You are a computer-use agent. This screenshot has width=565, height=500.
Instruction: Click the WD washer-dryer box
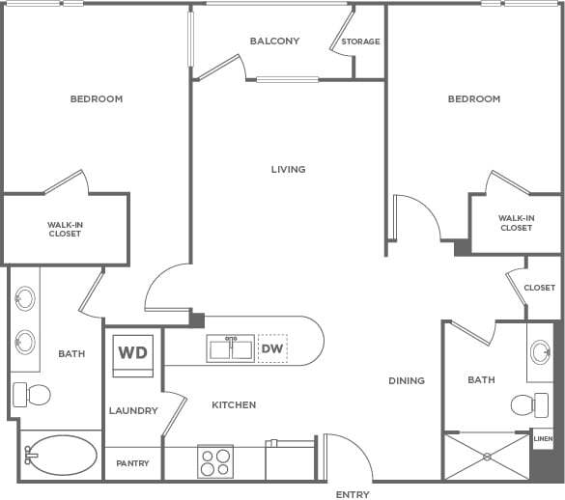[x=132, y=351]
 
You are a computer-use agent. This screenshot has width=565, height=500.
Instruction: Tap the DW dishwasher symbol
[x=272, y=348]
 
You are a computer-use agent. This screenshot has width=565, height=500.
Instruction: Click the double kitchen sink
[x=230, y=347]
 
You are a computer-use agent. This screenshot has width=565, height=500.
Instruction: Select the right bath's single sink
[x=541, y=350]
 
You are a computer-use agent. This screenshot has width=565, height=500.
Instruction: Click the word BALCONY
[x=274, y=42]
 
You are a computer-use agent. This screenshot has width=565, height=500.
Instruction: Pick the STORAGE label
[x=360, y=42]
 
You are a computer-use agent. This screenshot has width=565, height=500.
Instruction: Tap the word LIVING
[x=288, y=170]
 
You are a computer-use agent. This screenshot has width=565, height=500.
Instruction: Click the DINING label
[x=407, y=381]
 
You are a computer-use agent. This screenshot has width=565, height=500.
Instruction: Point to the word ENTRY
[x=353, y=494]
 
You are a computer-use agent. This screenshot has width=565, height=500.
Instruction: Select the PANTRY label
[x=132, y=463]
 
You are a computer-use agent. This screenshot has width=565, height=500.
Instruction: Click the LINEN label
[x=543, y=439]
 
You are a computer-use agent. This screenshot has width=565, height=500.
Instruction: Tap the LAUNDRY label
[x=133, y=411]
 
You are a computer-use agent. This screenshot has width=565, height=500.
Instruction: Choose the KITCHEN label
[x=234, y=405]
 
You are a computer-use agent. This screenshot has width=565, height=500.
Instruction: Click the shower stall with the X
[x=487, y=456]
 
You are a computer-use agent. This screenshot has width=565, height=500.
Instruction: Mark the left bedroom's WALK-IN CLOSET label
[x=65, y=229]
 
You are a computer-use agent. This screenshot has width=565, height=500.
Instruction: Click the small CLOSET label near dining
[x=540, y=288]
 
